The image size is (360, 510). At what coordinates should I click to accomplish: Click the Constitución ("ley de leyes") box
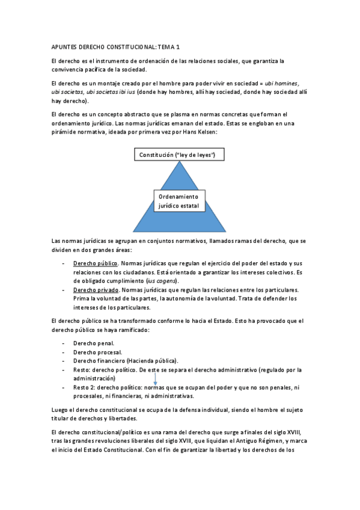click(177, 155)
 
